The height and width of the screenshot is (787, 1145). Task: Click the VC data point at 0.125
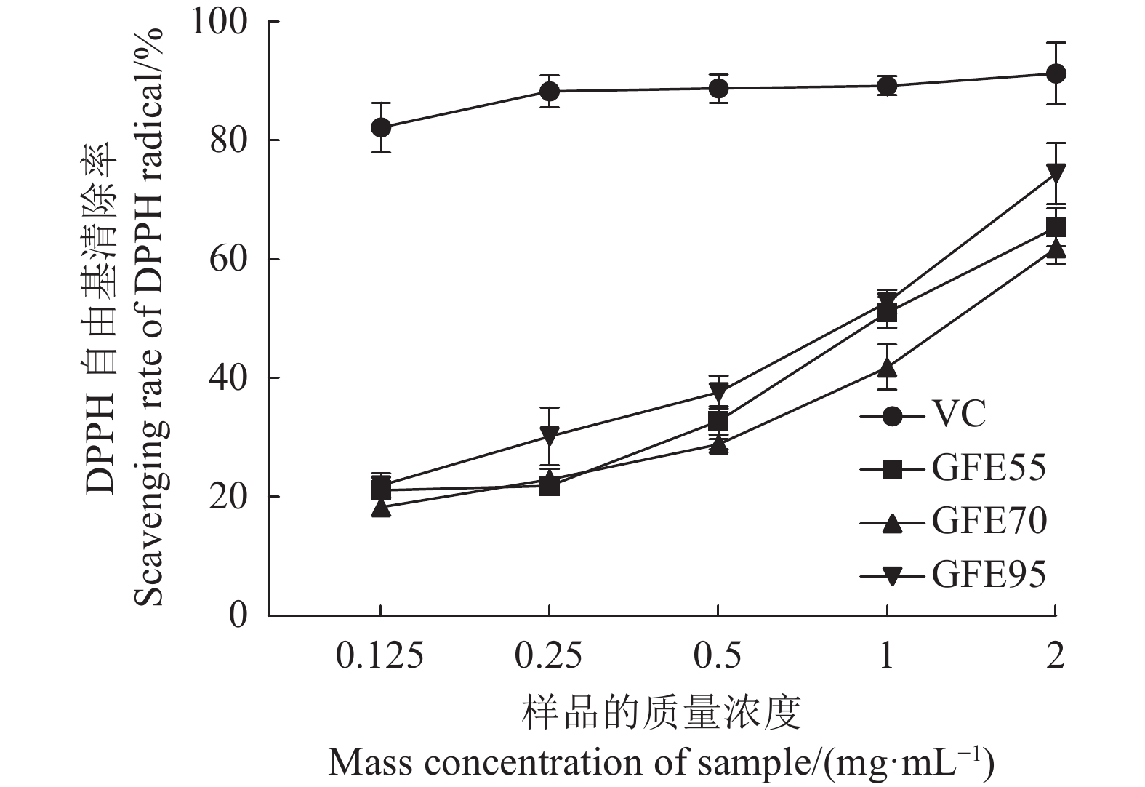pos(381,127)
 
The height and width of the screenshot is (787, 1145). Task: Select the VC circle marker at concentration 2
pos(1056,73)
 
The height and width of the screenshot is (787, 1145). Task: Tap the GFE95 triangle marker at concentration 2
pos(1056,173)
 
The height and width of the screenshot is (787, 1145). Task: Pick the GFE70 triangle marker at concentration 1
pos(887,367)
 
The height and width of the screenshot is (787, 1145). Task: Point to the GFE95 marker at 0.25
pos(550,436)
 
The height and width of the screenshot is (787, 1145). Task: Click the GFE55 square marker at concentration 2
pos(1056,228)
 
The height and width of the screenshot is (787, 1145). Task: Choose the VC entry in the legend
pos(959,415)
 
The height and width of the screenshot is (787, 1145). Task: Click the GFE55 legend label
pos(989,468)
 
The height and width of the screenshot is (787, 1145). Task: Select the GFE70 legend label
pos(989,522)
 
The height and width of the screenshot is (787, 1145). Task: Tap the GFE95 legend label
pos(989,575)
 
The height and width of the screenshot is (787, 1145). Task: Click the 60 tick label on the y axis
pos(228,259)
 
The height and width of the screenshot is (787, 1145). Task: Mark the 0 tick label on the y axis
pos(238,615)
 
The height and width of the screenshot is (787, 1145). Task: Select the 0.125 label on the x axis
pos(379,657)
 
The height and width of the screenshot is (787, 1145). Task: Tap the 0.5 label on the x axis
pos(718,657)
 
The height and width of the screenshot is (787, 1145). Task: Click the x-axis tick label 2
pos(1056,657)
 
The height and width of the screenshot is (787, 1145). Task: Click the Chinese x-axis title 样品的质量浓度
pos(662,713)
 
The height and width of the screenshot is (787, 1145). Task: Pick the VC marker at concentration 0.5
pos(718,89)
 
